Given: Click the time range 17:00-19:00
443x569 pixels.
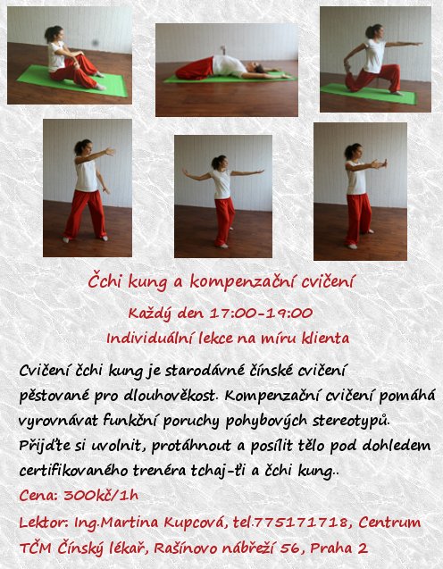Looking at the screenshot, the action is pos(261,313).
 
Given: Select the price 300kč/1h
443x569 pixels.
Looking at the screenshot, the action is pos(101,495).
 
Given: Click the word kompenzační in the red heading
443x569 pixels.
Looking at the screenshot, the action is pos(243,281).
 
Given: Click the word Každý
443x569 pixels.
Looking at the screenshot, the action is pos(149,314).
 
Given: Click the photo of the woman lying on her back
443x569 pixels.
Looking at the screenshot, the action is pos(227,70).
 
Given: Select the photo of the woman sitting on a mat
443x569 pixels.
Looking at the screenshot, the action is pos(70,55).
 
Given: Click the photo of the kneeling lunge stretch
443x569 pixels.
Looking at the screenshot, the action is pos(375,59).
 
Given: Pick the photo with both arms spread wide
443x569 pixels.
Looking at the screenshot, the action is pos(223,197).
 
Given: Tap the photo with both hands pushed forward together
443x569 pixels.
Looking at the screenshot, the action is pos(360,191).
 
